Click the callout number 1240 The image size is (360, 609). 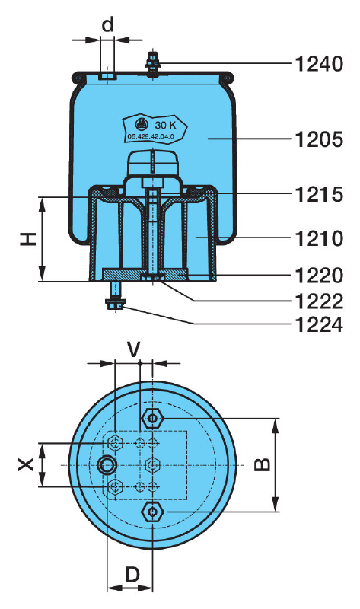pos(319,64)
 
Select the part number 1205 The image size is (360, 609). pos(319,139)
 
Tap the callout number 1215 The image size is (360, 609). pos(319,194)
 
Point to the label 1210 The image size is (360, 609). pos(319,238)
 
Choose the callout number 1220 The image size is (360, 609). pos(319,276)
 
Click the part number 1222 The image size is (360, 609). pos(319,301)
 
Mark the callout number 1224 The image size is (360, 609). pos(319,325)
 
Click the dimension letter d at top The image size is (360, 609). pos(107,24)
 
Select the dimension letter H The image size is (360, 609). pos(28,239)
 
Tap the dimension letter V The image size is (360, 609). pos(134,349)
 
